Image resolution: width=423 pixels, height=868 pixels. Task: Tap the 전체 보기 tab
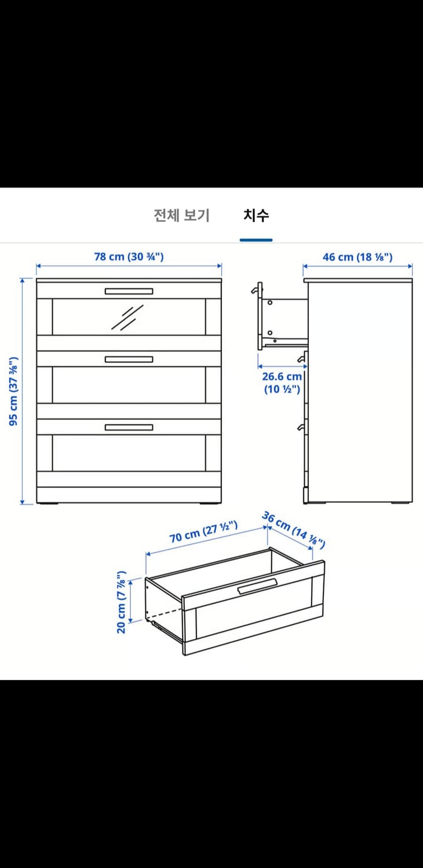181,216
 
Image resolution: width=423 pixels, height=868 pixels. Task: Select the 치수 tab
256,216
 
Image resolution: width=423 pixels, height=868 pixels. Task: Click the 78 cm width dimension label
129,256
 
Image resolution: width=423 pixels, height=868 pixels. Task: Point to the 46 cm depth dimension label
358,257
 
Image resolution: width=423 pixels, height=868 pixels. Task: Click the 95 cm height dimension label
14,391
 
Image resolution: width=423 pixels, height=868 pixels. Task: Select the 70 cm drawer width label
203,532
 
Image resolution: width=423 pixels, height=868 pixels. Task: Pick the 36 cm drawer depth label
293,529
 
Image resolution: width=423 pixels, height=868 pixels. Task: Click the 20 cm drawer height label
122,602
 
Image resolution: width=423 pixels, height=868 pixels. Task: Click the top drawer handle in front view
129,291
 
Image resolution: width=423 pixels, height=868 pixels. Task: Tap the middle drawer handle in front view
129,359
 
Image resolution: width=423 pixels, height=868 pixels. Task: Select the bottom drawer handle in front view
129,427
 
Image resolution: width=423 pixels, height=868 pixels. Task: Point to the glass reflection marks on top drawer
127,318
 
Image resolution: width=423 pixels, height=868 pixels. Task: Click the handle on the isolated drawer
257,587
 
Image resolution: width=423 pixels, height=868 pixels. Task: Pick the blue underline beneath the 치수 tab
256,240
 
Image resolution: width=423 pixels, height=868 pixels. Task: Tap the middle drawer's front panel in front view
129,384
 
